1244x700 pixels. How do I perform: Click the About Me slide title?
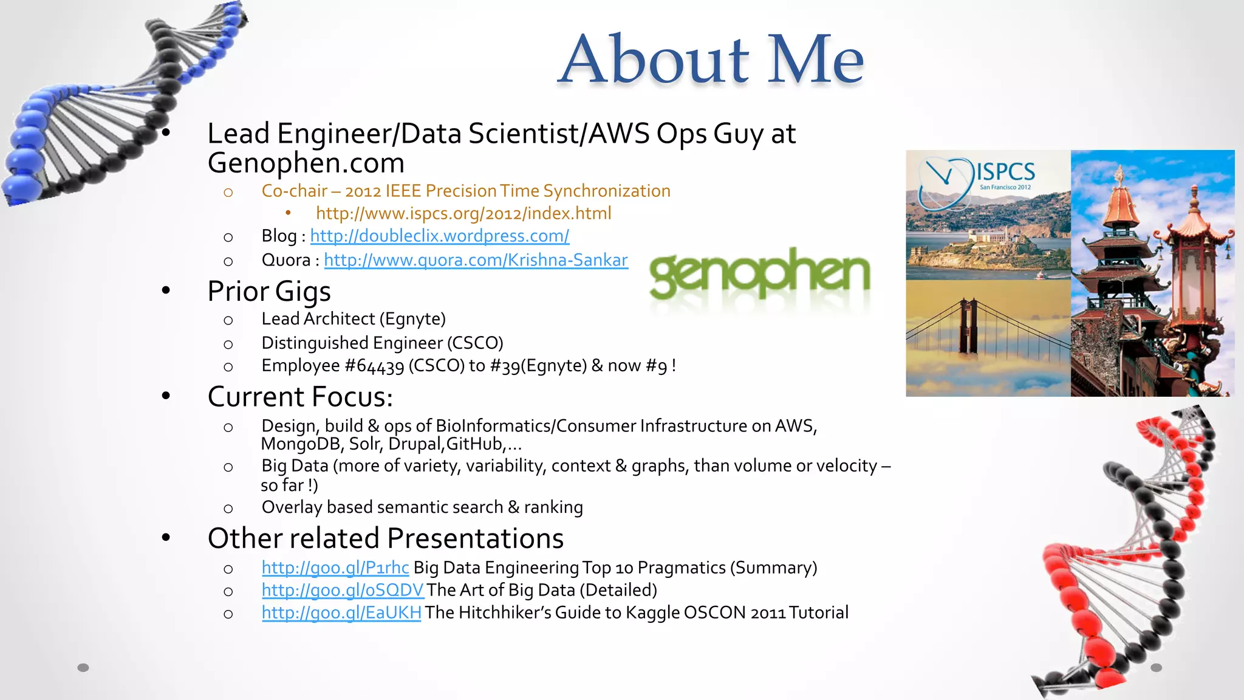(x=711, y=60)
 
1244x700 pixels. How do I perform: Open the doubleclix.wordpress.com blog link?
(x=440, y=236)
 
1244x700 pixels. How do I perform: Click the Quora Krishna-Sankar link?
(x=476, y=260)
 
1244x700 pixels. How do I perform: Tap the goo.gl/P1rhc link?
(x=335, y=568)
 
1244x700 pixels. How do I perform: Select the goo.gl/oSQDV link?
(x=343, y=590)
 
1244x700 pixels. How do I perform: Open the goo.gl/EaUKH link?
(x=341, y=612)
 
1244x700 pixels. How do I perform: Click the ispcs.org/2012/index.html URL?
(x=463, y=213)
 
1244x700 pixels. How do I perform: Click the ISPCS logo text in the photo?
(x=1005, y=171)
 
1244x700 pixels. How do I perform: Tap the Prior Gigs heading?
(x=269, y=291)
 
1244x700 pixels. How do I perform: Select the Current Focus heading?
(x=300, y=397)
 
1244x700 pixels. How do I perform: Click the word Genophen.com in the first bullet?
(x=306, y=163)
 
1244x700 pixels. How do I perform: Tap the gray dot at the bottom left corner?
(x=83, y=668)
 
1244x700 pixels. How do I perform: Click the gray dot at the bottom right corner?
(x=1157, y=668)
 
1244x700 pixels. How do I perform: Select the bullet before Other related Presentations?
(x=166, y=538)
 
